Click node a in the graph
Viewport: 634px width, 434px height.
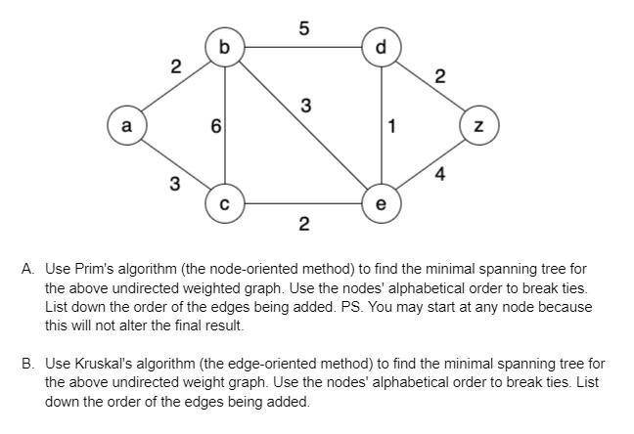(x=125, y=126)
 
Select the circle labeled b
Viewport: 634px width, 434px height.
(x=225, y=47)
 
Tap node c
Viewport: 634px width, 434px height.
(x=225, y=204)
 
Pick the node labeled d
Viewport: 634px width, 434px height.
(x=381, y=47)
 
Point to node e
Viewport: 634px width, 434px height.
(x=381, y=204)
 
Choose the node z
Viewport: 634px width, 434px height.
(x=479, y=126)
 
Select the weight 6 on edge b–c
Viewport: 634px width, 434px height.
(x=215, y=126)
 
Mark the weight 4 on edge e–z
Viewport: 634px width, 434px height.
(x=440, y=175)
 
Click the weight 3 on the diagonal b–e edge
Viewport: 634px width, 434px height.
(x=306, y=106)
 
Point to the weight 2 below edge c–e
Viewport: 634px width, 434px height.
(x=303, y=226)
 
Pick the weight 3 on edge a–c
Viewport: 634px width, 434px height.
(x=174, y=184)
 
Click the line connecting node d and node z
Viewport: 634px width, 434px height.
(x=430, y=86)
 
